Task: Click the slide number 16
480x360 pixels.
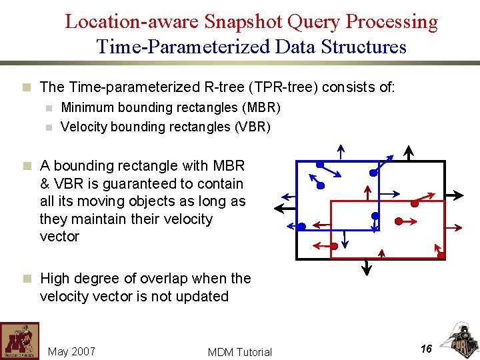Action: click(x=427, y=348)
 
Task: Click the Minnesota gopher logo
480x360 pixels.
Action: click(x=19, y=341)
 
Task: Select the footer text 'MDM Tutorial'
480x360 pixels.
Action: click(x=240, y=352)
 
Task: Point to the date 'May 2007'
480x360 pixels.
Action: click(x=72, y=351)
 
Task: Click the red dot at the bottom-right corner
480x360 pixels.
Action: click(x=441, y=255)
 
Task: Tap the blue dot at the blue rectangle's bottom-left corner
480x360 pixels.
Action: click(x=301, y=227)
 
